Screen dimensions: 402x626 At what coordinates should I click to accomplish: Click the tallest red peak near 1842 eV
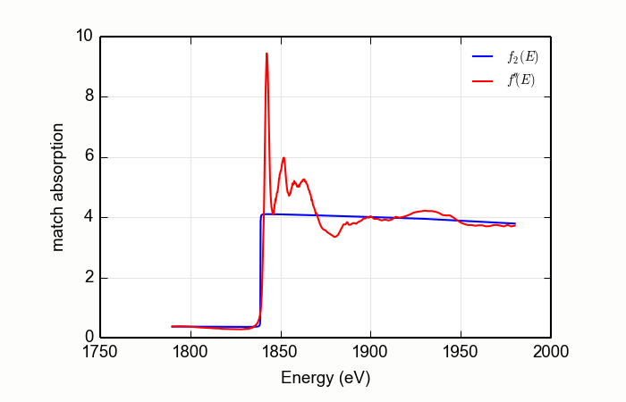click(266, 54)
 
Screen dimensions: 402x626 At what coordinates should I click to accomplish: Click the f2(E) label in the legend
click(523, 57)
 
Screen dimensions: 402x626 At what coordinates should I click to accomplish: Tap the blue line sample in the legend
click(484, 57)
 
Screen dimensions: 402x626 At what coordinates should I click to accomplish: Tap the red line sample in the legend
click(484, 80)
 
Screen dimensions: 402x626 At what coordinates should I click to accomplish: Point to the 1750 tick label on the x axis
click(100, 352)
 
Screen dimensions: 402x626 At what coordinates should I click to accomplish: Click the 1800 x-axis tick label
click(190, 352)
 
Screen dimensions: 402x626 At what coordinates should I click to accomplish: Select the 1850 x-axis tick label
click(281, 352)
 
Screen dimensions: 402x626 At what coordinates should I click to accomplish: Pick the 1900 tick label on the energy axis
click(370, 352)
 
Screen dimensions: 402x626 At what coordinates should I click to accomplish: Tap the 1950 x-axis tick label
click(461, 352)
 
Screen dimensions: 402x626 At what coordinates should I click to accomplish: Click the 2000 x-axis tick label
click(550, 352)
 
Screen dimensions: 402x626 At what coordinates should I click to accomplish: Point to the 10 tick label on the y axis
click(84, 37)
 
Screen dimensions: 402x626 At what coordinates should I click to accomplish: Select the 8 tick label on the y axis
click(89, 97)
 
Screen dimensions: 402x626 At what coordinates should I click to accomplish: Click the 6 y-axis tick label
click(89, 157)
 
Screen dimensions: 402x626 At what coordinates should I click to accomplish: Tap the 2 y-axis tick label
click(89, 278)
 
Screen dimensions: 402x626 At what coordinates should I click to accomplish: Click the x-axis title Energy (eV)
click(326, 377)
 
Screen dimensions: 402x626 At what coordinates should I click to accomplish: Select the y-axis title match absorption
click(58, 187)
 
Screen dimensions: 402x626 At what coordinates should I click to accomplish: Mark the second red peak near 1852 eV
click(283, 158)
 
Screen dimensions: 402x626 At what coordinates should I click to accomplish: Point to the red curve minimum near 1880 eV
click(335, 237)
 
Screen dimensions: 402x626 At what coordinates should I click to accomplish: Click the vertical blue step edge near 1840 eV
click(260, 268)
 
